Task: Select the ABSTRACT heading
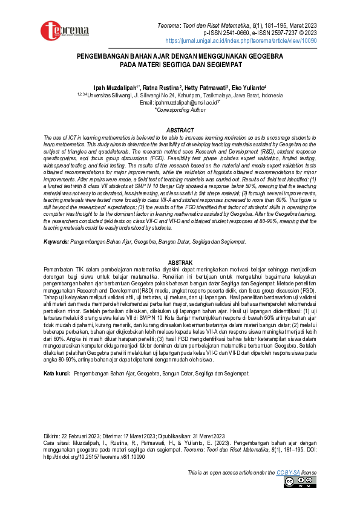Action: click(180, 131)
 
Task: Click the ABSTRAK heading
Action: click(180, 262)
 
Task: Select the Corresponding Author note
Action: click(180, 110)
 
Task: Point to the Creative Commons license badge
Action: click(299, 482)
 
